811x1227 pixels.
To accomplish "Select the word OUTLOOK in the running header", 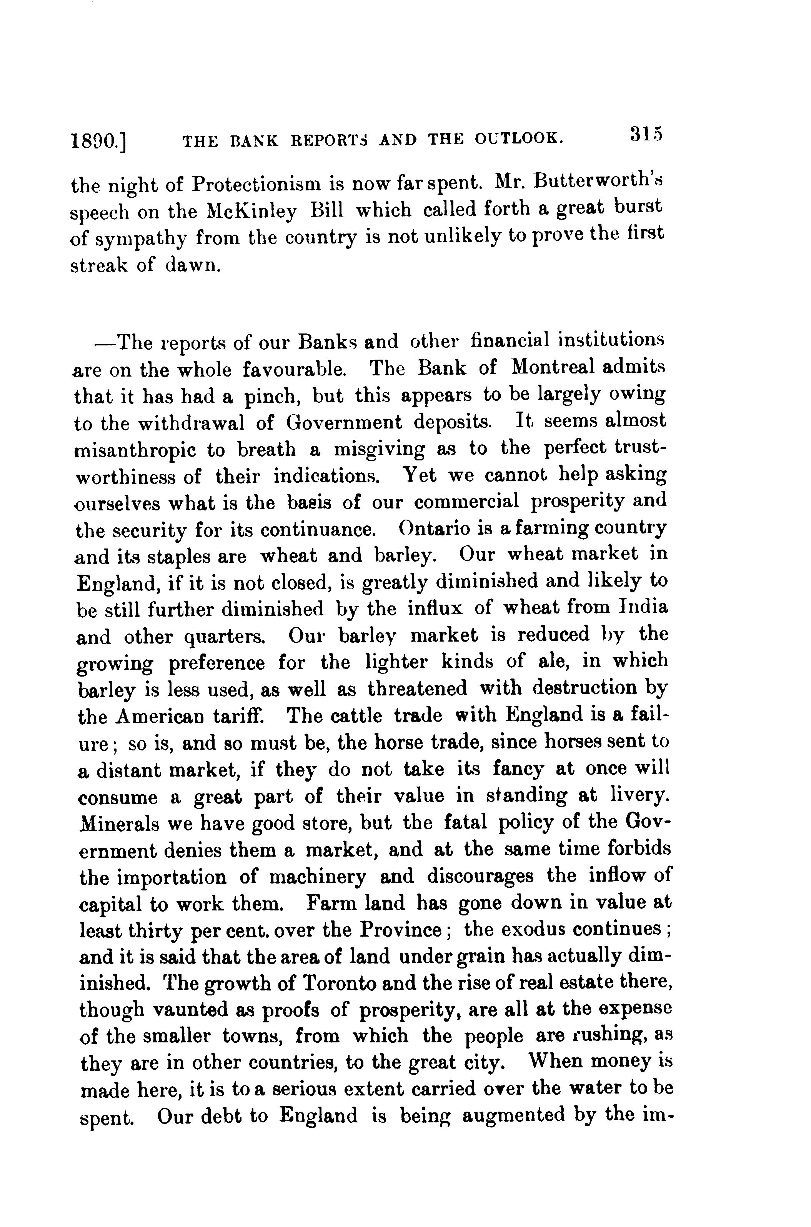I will pyautogui.click(x=518, y=138).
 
